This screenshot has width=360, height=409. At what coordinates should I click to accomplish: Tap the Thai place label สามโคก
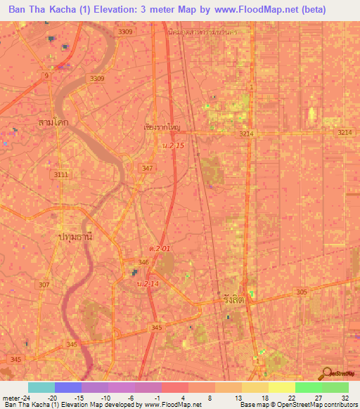(53, 122)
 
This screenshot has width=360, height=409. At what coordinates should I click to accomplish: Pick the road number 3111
(61, 174)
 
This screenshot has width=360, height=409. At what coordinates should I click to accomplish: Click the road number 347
(147, 168)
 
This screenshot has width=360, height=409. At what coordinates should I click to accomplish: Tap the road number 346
(143, 261)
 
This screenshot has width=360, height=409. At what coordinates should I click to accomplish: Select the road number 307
(44, 284)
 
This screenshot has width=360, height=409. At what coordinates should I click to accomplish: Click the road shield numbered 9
(46, 74)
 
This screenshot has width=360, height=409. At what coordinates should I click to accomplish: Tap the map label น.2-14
(148, 284)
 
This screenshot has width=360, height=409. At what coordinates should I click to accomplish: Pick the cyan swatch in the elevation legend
(41, 387)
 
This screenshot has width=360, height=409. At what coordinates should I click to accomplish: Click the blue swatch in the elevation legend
(67, 387)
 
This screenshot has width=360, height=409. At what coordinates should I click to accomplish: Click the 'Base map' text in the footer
(252, 405)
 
